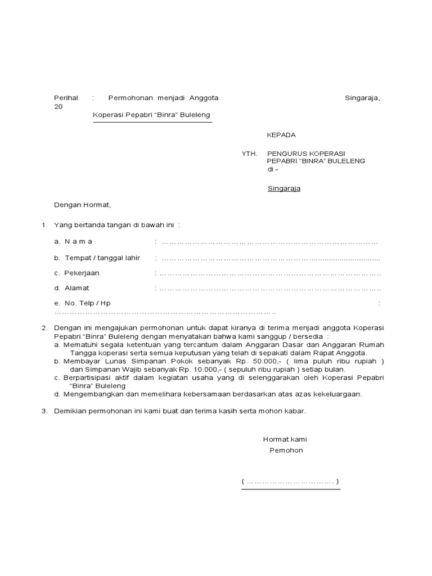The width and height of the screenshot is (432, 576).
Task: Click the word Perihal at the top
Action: click(66, 98)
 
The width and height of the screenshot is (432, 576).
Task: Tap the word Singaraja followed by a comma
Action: click(362, 98)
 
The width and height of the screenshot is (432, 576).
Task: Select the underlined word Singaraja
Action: click(283, 188)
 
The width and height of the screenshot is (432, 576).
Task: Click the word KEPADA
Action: click(281, 135)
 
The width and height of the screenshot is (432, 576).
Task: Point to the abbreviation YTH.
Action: click(249, 153)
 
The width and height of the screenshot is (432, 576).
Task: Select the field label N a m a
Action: click(78, 242)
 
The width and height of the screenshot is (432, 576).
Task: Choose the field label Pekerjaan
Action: click(82, 273)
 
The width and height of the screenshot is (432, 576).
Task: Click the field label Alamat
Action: click(77, 288)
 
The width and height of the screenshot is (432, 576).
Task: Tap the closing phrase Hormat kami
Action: click(285, 439)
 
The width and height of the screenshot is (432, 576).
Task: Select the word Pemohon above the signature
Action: click(286, 451)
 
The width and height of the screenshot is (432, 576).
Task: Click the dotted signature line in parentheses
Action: click(290, 482)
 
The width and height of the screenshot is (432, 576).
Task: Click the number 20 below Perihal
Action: click(58, 106)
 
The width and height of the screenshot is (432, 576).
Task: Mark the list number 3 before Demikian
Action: click(44, 411)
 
